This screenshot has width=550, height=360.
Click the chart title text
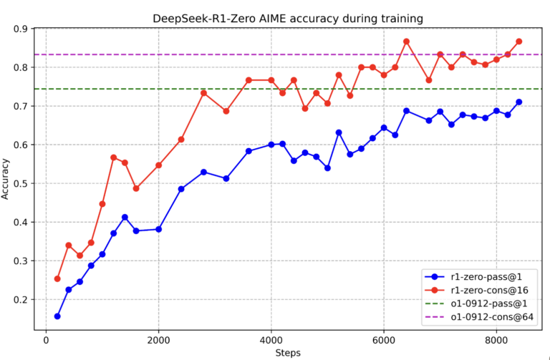point(288,18)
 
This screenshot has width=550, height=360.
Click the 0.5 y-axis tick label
point(22,183)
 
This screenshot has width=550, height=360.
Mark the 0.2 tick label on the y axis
point(22,299)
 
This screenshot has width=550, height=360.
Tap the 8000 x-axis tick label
point(496,340)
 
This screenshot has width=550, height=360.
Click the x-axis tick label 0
point(46,340)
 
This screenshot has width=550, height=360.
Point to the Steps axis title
point(288,353)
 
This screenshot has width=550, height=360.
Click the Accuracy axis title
point(5,179)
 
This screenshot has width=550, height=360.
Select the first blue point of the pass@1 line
point(57,316)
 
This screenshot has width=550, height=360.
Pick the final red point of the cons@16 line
point(518,42)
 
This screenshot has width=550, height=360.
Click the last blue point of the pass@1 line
point(518,102)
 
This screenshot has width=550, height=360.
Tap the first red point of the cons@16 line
point(57,278)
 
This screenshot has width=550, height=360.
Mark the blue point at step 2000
point(158,229)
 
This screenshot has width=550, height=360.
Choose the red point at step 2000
point(158,165)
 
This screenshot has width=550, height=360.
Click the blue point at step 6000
point(384,127)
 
